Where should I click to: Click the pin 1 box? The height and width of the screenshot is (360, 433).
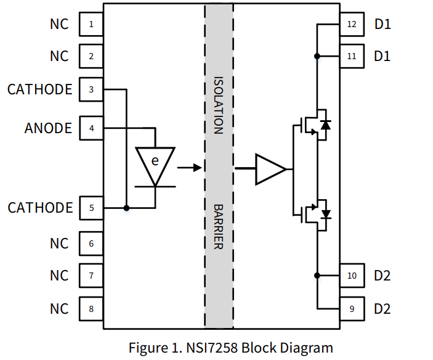point(91,25)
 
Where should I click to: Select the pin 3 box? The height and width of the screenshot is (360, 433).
point(91,89)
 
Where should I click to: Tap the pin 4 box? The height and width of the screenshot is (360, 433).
point(91,128)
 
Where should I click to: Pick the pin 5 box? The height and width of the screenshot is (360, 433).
point(91,208)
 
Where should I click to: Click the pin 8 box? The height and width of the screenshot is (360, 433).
point(91,308)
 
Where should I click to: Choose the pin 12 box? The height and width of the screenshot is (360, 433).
point(352,25)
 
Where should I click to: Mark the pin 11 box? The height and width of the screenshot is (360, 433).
point(352,56)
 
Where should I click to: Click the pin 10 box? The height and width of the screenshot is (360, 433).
point(352,275)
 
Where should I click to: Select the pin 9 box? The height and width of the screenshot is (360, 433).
point(352,308)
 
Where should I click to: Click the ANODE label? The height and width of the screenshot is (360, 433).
point(48,128)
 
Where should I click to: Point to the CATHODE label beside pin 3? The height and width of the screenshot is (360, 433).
point(40,89)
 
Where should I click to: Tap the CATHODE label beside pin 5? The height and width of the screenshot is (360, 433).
point(40,208)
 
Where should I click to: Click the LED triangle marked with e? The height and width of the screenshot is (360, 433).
point(155,163)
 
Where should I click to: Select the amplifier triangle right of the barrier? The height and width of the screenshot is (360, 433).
point(270,168)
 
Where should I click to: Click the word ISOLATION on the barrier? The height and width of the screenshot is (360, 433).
point(218,105)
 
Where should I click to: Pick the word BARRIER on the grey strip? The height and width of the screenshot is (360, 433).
point(218,226)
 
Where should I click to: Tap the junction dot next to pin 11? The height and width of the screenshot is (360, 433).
point(317,56)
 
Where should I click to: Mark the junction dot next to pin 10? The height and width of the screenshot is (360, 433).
point(317,275)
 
